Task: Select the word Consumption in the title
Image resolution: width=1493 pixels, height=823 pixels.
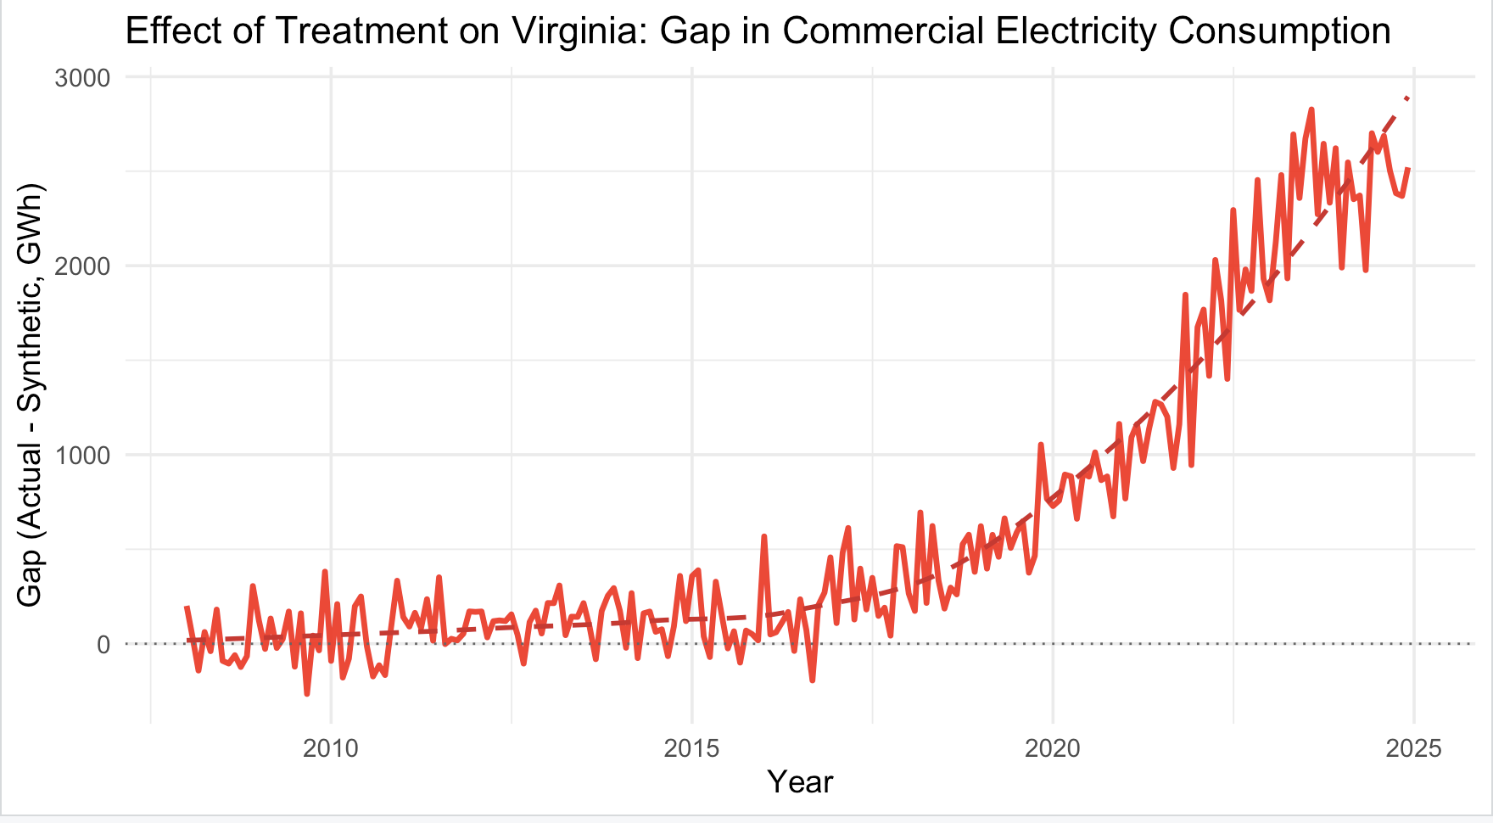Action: pos(1279,32)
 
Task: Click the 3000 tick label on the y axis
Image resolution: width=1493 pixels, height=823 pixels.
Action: pos(82,78)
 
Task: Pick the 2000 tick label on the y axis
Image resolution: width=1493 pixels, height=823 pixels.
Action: pos(82,266)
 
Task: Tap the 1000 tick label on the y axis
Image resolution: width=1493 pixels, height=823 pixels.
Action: pos(82,456)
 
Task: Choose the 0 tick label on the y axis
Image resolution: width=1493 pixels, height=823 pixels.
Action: pos(103,645)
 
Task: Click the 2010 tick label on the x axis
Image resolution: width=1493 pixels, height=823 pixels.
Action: pos(331,749)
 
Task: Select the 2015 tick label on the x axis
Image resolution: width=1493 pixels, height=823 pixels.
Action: pos(692,749)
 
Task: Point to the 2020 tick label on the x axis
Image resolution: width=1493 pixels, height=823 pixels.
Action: pos(1053,749)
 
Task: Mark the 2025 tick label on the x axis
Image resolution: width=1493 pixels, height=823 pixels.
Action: pos(1414,749)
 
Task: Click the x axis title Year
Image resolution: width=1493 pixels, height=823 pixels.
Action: pos(800,782)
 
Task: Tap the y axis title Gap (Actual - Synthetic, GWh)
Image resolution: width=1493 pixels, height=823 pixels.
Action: pos(31,395)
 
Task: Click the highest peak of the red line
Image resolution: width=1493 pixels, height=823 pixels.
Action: pos(1311,109)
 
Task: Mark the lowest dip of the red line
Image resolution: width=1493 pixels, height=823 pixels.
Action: pos(307,694)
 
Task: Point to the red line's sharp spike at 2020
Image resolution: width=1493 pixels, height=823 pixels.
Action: pos(1041,445)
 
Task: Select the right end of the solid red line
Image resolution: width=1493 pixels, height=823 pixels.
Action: pos(1408,169)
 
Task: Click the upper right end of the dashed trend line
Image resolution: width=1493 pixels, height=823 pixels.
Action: pos(1408,98)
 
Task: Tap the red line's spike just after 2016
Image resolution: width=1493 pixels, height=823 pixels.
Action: pos(764,537)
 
